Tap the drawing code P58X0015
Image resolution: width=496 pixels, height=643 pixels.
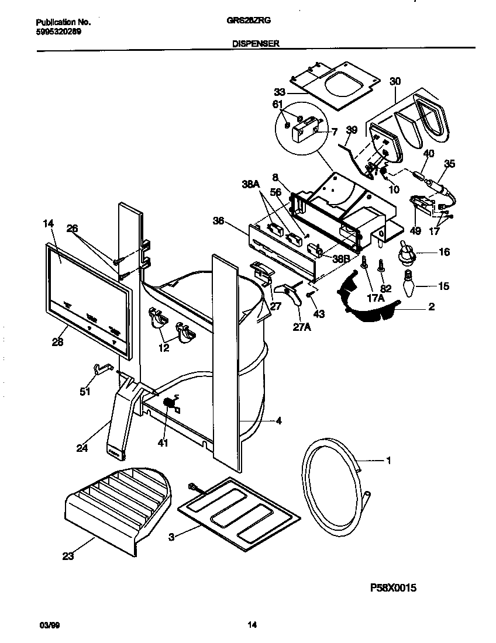coord(392,588)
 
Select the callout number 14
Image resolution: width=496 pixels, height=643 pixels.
coord(48,223)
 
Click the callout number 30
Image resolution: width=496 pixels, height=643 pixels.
coord(395,81)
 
